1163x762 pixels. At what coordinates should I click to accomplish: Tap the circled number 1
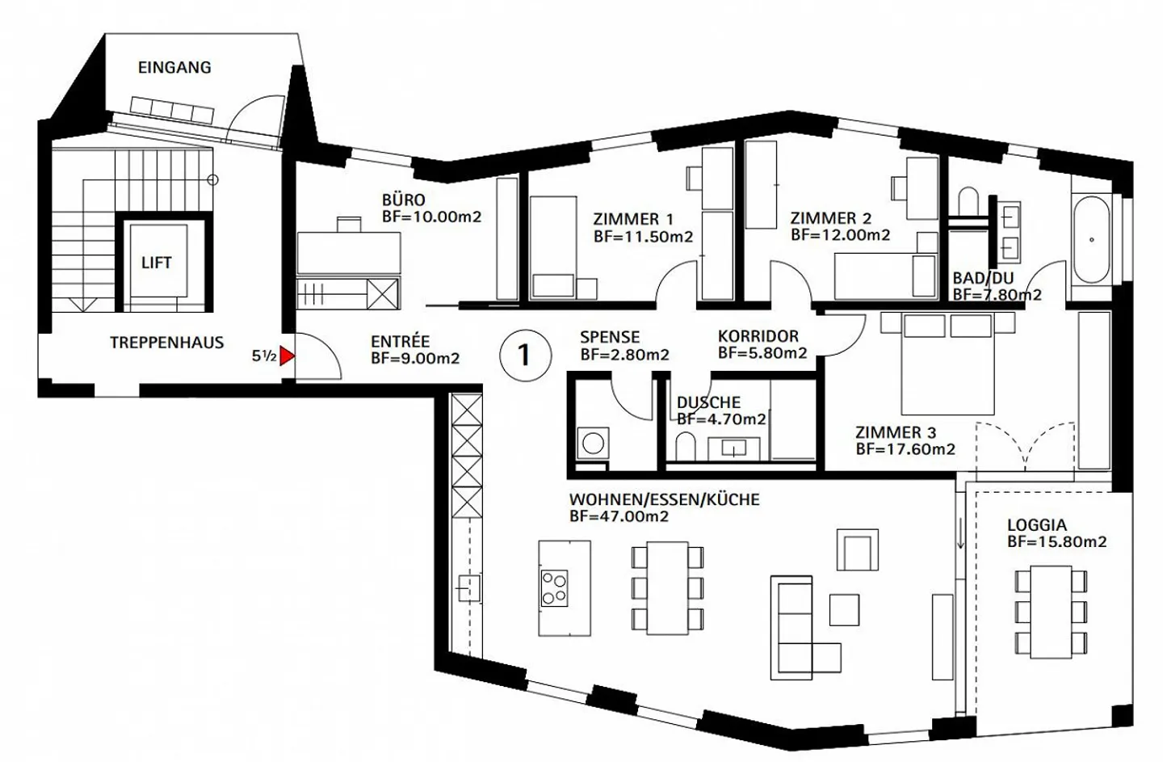(525, 356)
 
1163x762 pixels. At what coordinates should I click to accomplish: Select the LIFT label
(157, 263)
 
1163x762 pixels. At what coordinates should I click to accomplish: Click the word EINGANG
(174, 68)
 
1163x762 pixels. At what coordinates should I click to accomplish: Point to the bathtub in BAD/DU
(1091, 239)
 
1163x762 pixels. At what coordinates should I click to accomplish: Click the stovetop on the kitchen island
(554, 588)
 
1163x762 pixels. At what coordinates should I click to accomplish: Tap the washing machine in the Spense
(593, 444)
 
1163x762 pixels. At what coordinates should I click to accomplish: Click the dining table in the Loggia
(1051, 612)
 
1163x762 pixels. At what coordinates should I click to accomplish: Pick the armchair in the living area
(857, 549)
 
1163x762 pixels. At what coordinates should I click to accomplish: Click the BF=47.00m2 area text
(619, 516)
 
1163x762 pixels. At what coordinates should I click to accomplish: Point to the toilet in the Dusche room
(686, 447)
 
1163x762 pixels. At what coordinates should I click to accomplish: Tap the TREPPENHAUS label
(166, 343)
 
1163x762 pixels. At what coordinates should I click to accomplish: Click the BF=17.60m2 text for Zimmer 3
(905, 449)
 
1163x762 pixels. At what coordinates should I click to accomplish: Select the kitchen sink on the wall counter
(468, 588)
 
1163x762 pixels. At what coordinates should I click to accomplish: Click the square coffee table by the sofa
(844, 610)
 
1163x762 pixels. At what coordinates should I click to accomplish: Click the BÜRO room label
(404, 200)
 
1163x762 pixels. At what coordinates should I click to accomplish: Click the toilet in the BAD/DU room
(968, 201)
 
